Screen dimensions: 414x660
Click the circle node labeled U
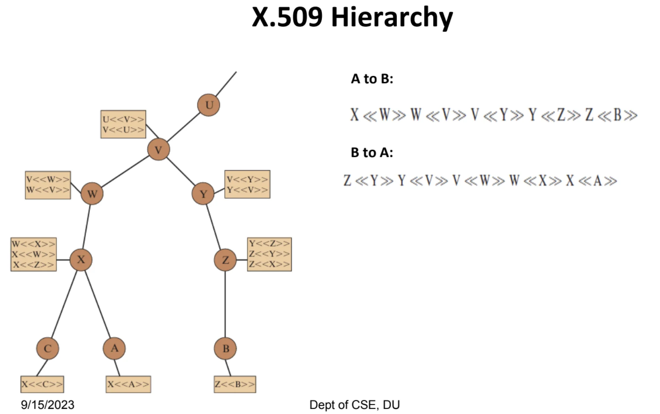click(x=208, y=105)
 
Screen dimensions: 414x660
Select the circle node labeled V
click(x=159, y=150)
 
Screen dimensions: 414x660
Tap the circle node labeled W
click(x=92, y=193)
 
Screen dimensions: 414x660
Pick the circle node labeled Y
click(x=203, y=193)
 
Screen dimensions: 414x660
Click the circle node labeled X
click(x=81, y=260)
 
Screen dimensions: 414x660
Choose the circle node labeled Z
click(x=225, y=260)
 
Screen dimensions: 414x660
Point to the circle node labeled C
click(x=48, y=348)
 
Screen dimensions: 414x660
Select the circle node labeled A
click(x=114, y=348)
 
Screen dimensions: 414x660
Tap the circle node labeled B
click(x=225, y=348)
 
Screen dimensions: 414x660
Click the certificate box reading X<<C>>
click(x=42, y=384)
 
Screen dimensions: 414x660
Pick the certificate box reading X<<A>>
click(x=128, y=384)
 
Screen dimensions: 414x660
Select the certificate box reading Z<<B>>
click(x=235, y=384)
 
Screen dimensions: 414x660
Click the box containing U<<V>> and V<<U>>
click(x=123, y=124)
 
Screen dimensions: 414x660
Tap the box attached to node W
click(x=48, y=185)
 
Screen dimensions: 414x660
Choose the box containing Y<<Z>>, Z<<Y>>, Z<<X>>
click(x=269, y=254)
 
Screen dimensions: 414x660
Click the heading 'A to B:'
click(x=372, y=79)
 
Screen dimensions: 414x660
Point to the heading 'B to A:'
click(x=372, y=152)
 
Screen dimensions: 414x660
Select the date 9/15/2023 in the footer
click(x=48, y=405)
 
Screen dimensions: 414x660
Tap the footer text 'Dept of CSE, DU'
click(x=354, y=405)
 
